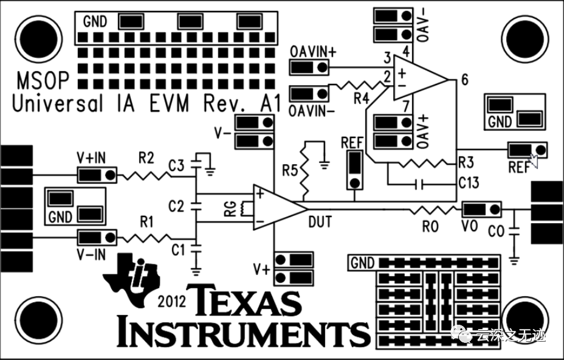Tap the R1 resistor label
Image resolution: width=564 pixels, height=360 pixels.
[x=146, y=222]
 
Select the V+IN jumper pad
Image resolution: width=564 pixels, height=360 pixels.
[x=97, y=175]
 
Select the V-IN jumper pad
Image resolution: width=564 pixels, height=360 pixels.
[x=97, y=237]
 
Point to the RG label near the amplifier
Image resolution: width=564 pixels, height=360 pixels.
[x=229, y=209]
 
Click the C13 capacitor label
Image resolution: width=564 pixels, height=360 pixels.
[x=469, y=182]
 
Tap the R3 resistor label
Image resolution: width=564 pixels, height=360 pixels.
[x=466, y=162]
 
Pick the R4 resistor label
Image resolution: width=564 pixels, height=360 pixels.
[x=362, y=97]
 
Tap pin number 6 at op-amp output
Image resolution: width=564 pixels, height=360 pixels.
[x=464, y=80]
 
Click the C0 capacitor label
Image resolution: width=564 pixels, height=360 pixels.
[x=496, y=231]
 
